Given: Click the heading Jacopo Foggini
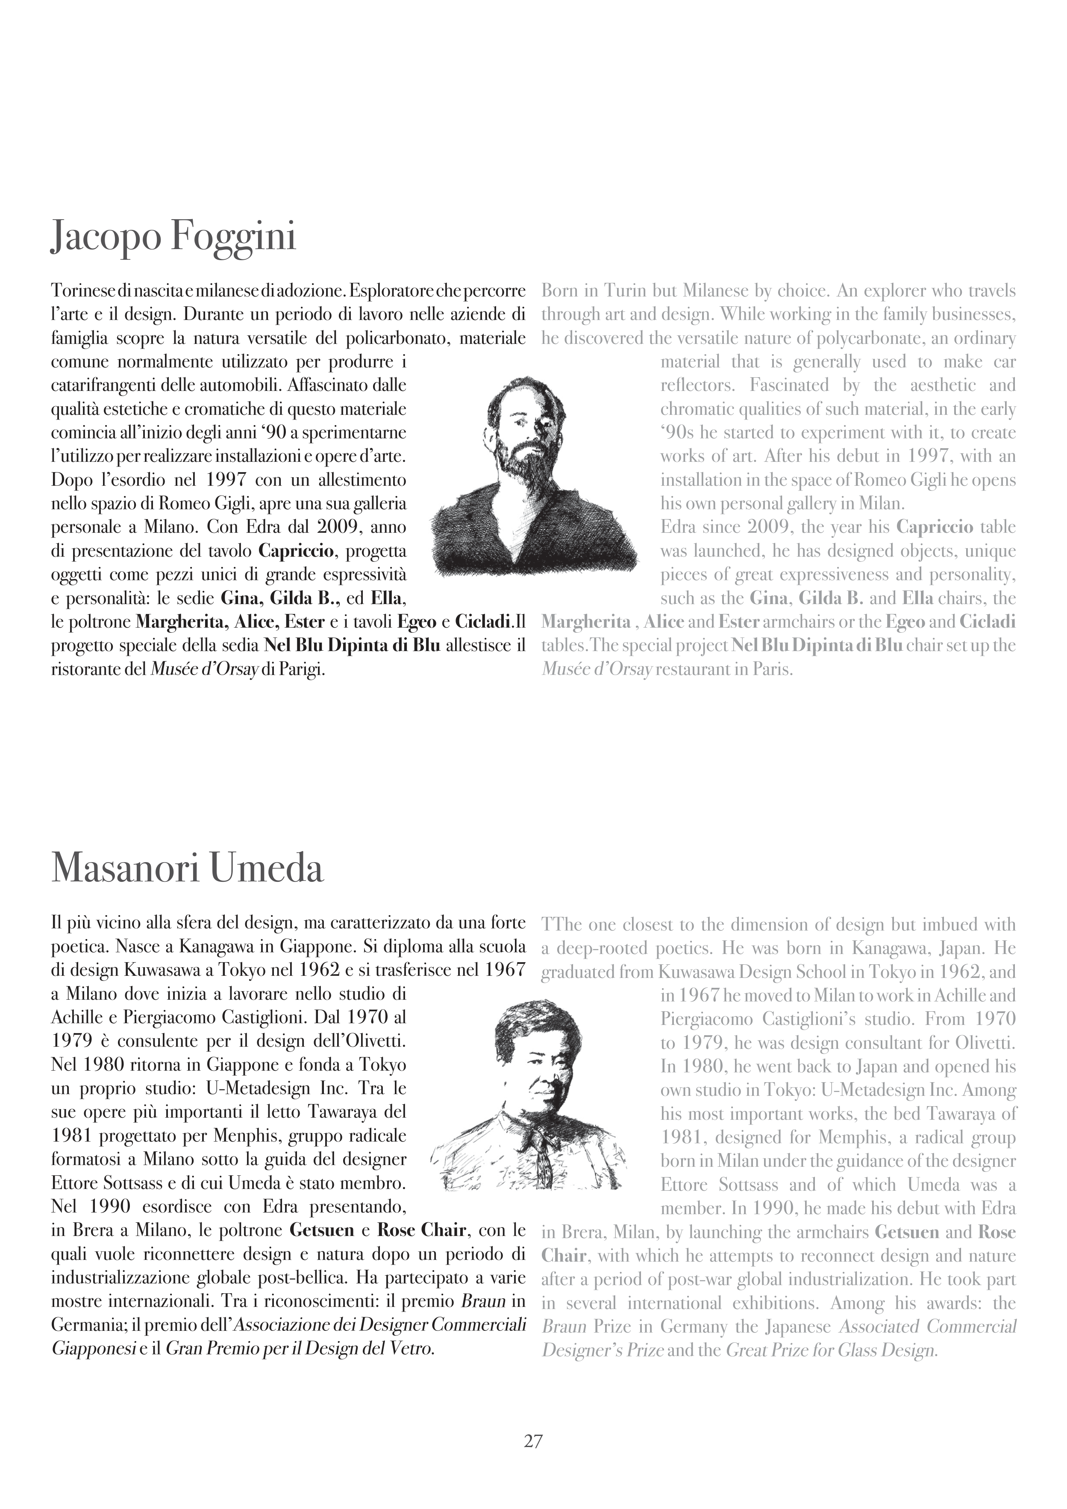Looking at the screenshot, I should pyautogui.click(x=173, y=237).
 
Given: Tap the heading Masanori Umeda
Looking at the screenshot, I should pyautogui.click(x=187, y=868).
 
